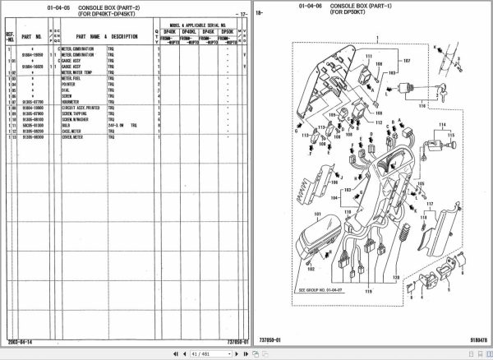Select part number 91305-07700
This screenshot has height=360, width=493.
pyautogui.click(x=28, y=102)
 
